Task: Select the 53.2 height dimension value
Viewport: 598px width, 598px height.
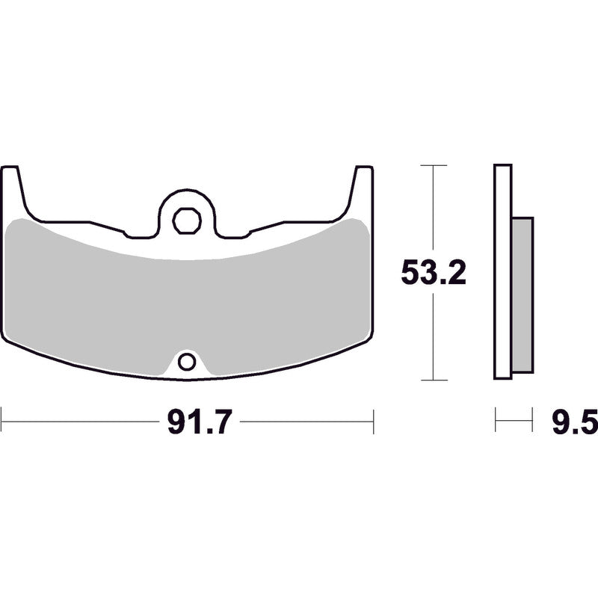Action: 434,273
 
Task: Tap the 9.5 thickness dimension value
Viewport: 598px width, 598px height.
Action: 574,423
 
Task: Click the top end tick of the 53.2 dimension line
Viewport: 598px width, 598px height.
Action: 434,165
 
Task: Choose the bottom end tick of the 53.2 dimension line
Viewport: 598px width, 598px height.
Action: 434,380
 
